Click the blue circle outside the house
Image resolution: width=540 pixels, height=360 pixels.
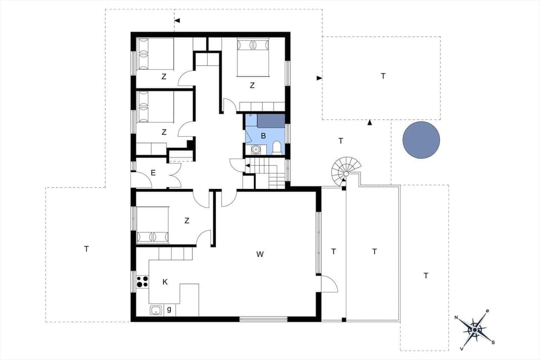[421, 139]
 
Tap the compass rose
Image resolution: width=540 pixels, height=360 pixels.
[475, 329]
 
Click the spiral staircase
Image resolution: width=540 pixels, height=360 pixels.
[343, 170]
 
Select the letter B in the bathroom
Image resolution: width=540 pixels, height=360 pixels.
[263, 136]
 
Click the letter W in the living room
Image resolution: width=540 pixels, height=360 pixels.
[260, 254]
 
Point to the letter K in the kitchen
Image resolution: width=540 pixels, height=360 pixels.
[165, 281]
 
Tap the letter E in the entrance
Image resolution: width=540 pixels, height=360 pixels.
[153, 173]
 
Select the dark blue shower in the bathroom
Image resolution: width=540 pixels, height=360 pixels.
[271, 120]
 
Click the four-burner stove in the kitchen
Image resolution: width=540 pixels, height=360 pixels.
[142, 281]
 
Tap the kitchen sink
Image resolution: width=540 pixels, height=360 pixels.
[156, 309]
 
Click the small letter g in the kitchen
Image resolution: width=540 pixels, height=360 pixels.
[169, 309]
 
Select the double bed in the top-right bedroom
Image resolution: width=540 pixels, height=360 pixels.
[253, 57]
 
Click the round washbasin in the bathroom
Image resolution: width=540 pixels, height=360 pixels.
[256, 150]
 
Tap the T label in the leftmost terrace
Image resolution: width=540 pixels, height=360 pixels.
[86, 249]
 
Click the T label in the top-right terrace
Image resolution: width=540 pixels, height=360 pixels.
[383, 76]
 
